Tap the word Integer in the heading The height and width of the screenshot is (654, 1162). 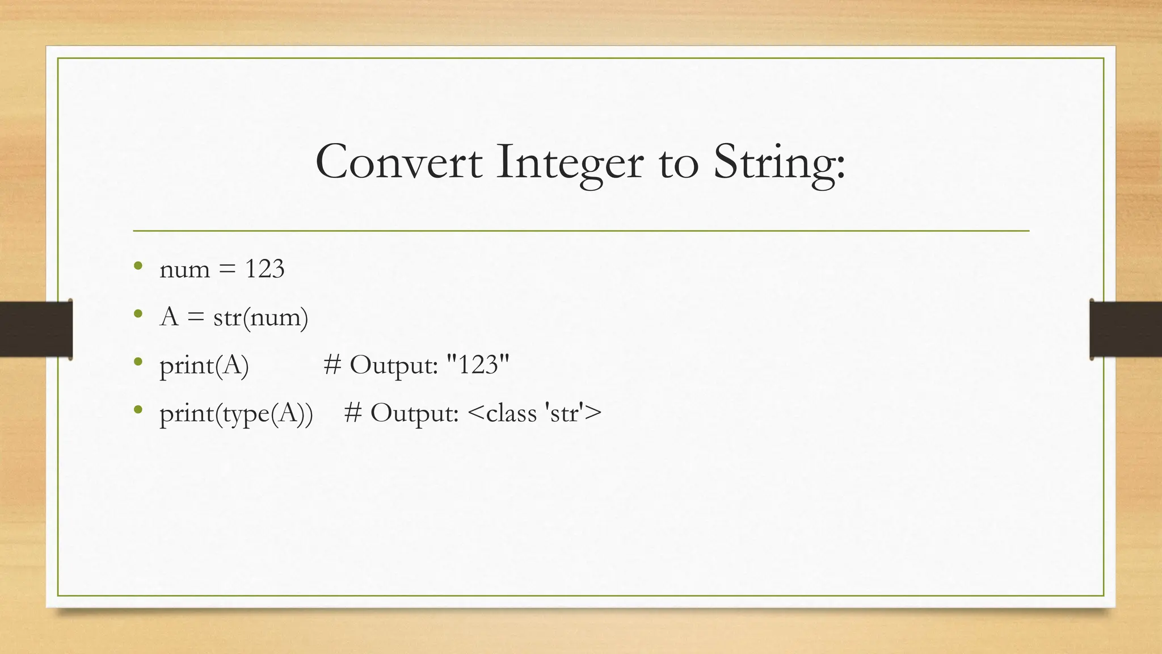click(570, 163)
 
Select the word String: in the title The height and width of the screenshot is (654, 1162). click(779, 163)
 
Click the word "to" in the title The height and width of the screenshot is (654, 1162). click(678, 163)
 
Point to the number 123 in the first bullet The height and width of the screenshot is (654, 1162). click(264, 269)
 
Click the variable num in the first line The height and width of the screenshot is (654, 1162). click(184, 270)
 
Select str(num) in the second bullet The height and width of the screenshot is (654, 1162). click(260, 317)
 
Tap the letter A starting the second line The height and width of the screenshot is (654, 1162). click(169, 316)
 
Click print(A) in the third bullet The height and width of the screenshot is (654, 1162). click(204, 365)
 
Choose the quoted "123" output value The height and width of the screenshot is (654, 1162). click(478, 364)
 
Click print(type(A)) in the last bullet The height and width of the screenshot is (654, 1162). click(236, 413)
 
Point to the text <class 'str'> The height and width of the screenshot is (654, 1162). click(535, 413)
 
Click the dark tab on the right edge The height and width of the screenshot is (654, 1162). click(1126, 329)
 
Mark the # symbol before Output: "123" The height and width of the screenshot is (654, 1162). click(332, 364)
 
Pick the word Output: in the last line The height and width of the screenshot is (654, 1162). click(414, 413)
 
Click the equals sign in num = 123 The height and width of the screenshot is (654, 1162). click(226, 270)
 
